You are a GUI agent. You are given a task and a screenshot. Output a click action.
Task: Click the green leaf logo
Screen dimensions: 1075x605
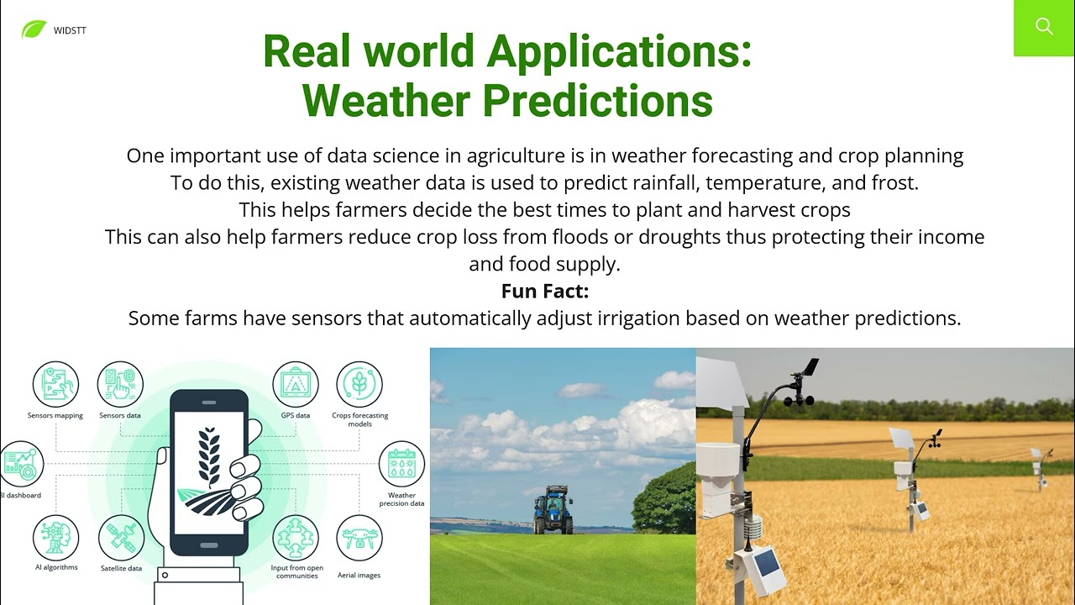pyautogui.click(x=34, y=29)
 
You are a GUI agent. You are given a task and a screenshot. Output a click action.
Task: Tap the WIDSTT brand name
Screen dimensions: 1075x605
pyautogui.click(x=70, y=31)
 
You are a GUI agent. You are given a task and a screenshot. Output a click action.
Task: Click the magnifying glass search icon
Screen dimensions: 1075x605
pyautogui.click(x=1044, y=26)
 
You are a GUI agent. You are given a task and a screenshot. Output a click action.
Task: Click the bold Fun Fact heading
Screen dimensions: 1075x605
pyautogui.click(x=545, y=291)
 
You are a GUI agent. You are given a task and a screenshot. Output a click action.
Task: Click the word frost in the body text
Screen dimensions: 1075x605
pyautogui.click(x=892, y=183)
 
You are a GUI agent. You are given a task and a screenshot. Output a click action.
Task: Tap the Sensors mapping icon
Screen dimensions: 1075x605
pyautogui.click(x=55, y=384)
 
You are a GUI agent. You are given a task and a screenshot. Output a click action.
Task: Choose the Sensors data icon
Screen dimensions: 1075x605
pyautogui.click(x=120, y=384)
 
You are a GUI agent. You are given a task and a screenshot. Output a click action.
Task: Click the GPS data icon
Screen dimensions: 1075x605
pyautogui.click(x=296, y=384)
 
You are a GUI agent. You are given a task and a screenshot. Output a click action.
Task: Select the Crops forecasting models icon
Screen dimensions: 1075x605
pyautogui.click(x=359, y=384)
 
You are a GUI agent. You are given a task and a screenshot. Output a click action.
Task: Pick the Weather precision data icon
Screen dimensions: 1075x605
pyautogui.click(x=401, y=464)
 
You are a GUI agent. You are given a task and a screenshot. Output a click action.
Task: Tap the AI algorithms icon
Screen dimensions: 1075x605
pyautogui.click(x=55, y=538)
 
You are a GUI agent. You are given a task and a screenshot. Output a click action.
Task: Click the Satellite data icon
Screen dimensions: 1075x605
pyautogui.click(x=122, y=538)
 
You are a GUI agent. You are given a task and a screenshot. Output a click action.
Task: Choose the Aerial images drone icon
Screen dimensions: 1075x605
pyautogui.click(x=359, y=538)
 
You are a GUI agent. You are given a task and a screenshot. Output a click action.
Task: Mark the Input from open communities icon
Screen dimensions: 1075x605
pyautogui.click(x=296, y=538)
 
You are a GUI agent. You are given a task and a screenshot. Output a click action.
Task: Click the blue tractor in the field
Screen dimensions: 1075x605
pyautogui.click(x=553, y=509)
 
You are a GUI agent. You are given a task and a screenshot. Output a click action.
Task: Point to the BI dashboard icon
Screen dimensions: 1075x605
pyautogui.click(x=21, y=464)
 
